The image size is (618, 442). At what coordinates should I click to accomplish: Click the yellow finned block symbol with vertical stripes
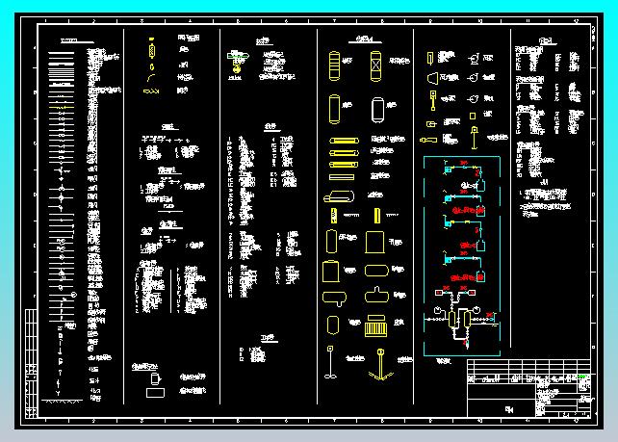tap(375, 327)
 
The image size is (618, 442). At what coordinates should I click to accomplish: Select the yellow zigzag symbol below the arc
tap(151, 91)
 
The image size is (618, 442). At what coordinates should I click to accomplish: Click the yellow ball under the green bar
tap(238, 67)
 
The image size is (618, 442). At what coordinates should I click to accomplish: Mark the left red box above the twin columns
tap(446, 291)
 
